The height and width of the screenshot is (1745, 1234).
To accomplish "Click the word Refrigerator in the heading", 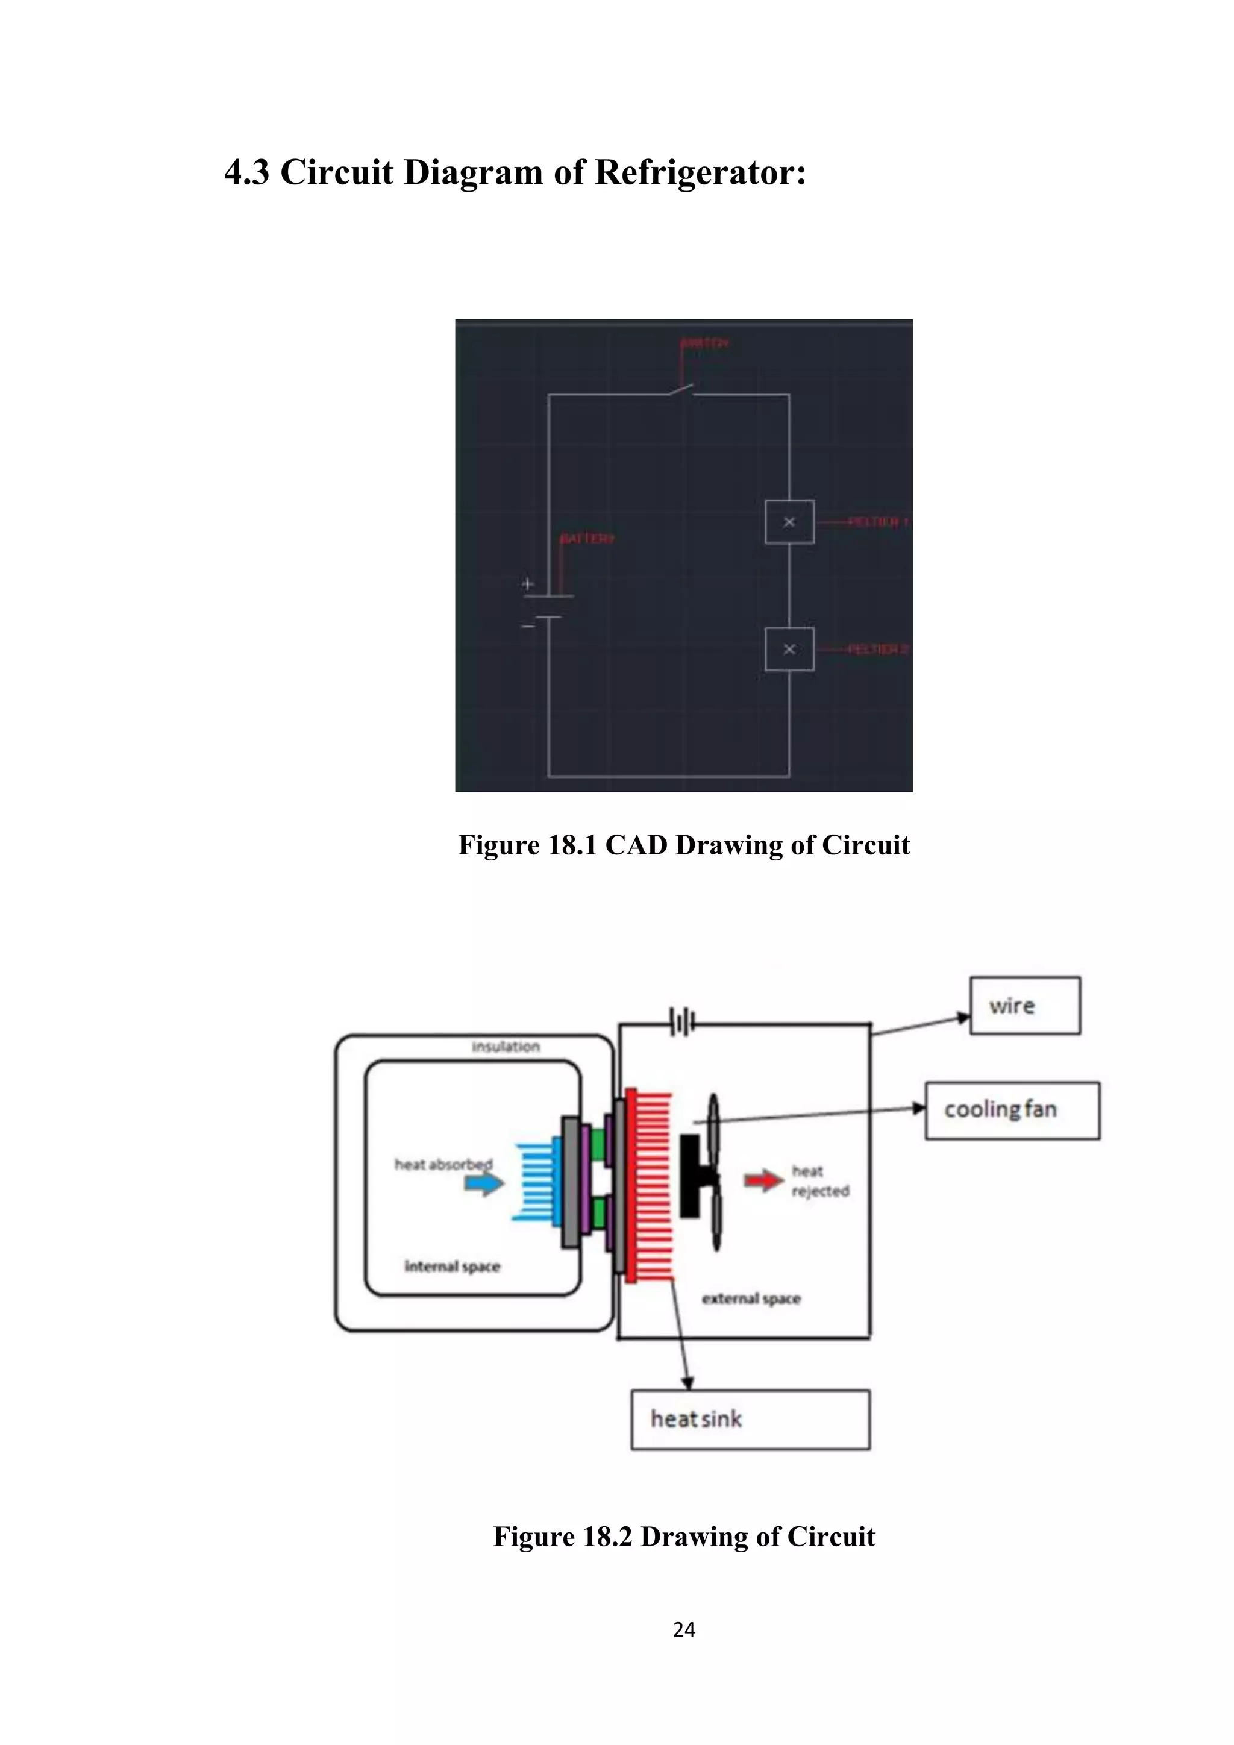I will point(699,172).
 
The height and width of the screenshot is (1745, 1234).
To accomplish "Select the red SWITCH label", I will point(704,343).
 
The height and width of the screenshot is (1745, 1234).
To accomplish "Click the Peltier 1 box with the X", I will point(789,522).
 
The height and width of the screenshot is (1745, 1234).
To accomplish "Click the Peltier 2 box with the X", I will point(789,649).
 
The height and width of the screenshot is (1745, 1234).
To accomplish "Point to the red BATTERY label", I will point(587,539).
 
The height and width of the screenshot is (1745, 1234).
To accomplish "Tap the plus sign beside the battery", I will point(527,584).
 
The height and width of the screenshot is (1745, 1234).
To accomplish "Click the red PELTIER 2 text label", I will point(878,649).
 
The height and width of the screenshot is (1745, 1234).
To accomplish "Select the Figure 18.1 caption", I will point(683,845).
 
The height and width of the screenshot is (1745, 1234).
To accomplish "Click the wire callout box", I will point(1024,1006).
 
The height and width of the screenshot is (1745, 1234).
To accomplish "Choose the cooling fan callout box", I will point(1012,1111).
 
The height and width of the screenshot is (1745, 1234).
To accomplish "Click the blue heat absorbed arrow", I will point(484,1183).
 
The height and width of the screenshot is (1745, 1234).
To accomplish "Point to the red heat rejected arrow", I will point(763,1180).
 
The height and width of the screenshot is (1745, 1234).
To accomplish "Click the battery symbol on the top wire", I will point(682,1021).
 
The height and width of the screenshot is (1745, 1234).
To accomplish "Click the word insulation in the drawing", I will point(506,1047).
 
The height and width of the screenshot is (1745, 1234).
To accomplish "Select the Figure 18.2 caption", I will point(683,1537).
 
